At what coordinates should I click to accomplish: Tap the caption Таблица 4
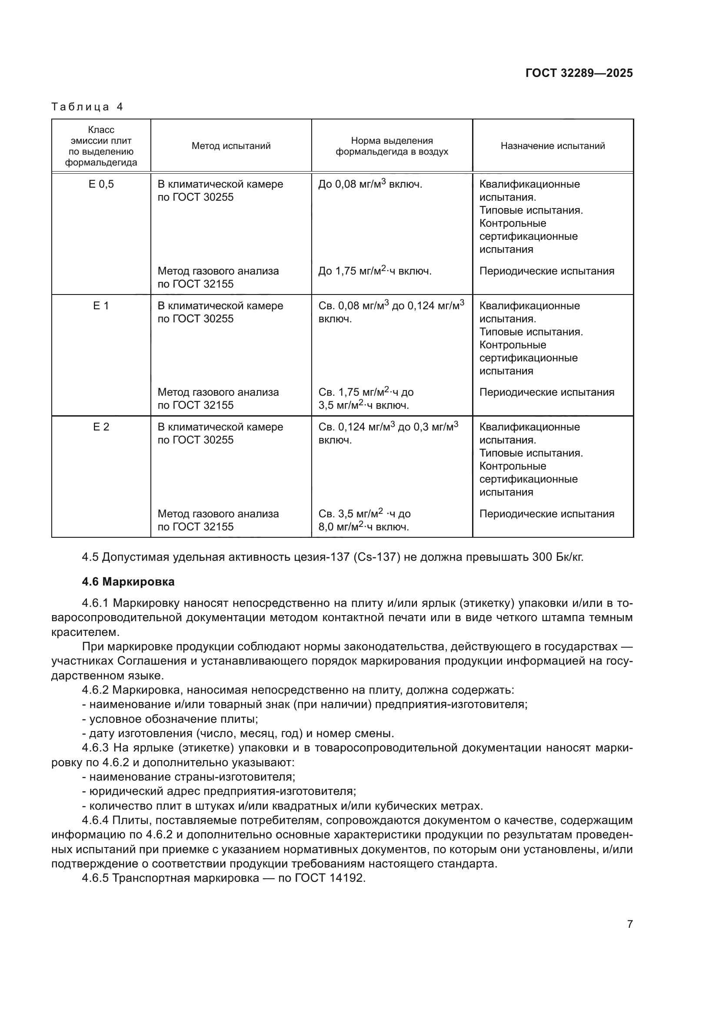tap(87, 107)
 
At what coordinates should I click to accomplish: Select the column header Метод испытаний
tap(231, 146)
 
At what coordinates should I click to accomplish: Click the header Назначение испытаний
tap(553, 146)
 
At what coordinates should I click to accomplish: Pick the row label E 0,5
tap(101, 184)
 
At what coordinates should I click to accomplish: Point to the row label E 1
tap(101, 306)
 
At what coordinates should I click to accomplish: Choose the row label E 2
tap(101, 427)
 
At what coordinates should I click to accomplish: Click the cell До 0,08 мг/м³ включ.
tap(370, 184)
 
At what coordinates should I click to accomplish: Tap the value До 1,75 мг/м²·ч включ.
tap(375, 271)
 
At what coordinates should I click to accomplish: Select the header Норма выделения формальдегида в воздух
tap(392, 146)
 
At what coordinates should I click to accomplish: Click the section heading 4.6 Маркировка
tap(128, 582)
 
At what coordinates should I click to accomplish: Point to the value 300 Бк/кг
tap(558, 557)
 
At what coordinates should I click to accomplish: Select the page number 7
tap(629, 924)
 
